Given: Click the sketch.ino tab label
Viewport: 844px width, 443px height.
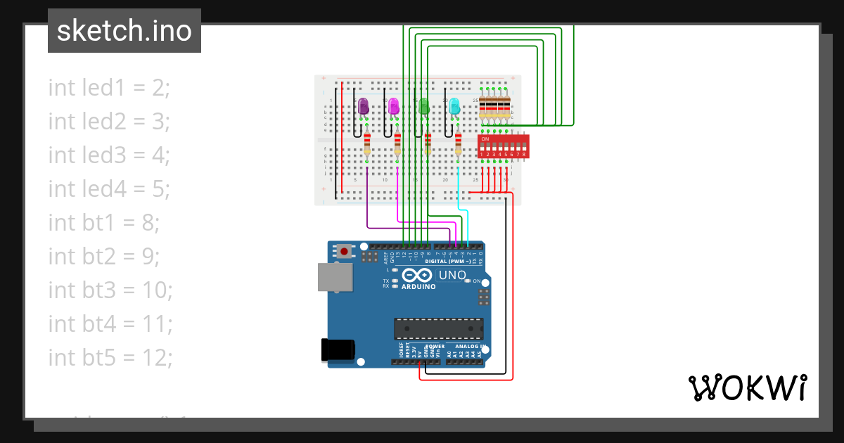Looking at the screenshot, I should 124,31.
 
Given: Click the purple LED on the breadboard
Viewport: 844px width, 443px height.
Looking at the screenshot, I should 364,106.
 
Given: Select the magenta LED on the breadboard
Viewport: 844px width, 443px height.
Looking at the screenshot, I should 394,106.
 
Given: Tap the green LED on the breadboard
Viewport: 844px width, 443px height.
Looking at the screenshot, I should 424,106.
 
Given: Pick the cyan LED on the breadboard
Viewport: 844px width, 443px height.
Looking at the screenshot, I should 454,106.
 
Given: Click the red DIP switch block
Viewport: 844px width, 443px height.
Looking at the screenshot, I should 502,146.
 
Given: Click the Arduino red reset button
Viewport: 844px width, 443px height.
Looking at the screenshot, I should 344,251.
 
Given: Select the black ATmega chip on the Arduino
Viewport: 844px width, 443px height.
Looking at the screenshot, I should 439,328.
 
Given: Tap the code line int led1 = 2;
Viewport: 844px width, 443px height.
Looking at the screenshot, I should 110,88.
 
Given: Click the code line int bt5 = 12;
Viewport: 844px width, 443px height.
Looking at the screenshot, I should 110,358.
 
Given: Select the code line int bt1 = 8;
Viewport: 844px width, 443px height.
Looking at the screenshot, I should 104,223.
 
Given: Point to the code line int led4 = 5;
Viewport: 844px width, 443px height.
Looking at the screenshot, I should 110,189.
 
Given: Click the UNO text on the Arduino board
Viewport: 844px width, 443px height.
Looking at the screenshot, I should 452,275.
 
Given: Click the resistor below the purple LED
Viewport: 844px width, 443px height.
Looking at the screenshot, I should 367,144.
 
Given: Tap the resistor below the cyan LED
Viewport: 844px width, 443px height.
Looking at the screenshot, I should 458,144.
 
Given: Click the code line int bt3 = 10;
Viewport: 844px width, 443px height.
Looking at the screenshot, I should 110,290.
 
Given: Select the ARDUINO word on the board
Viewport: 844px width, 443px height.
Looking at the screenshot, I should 418,287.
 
